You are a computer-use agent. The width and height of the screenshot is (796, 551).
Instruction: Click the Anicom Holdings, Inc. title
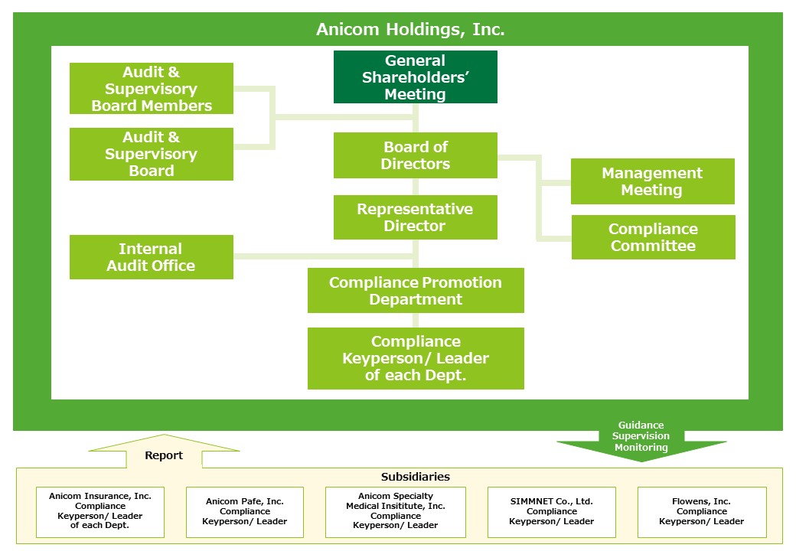410,30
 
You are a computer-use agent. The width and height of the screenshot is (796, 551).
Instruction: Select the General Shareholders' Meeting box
415,77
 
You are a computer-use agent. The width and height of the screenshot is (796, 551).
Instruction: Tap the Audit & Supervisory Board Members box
152,89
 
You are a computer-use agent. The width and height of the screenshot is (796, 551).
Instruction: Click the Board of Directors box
415,155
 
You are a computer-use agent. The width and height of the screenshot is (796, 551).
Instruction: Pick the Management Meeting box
652,181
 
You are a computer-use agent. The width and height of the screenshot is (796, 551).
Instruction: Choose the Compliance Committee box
653,237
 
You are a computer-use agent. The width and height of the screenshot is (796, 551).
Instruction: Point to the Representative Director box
415,217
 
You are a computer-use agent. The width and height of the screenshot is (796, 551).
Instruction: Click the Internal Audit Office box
152,257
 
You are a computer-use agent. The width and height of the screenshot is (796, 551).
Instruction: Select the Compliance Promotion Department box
416,291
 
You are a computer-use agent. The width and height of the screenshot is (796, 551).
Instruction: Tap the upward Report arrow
165,452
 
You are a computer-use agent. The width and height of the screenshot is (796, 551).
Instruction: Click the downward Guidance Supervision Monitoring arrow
641,444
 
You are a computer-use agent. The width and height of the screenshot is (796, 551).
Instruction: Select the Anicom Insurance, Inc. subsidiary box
100,511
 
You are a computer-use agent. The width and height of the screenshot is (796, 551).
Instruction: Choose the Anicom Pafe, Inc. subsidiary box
245,511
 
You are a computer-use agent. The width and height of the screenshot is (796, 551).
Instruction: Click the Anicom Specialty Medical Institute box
395,511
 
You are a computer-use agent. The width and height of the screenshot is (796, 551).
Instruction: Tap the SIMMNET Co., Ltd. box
551,511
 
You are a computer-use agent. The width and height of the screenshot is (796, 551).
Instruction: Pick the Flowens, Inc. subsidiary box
701,511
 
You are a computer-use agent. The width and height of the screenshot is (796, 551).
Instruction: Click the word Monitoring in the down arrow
641,448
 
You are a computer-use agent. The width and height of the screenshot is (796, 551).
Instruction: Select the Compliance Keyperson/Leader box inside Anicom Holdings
416,358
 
